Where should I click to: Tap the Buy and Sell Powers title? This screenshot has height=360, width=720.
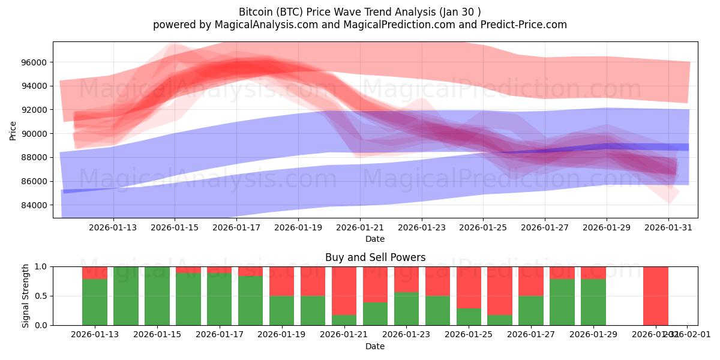click(x=375, y=257)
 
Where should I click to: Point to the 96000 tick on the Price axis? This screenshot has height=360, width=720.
click(x=34, y=62)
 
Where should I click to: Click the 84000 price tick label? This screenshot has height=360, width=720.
click(x=34, y=205)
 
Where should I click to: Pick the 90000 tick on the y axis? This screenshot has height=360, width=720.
click(x=34, y=134)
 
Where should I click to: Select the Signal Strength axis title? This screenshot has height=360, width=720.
click(x=26, y=296)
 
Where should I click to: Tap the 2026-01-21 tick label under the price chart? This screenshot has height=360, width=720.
click(x=360, y=227)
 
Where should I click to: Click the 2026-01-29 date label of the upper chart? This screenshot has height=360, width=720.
click(x=606, y=227)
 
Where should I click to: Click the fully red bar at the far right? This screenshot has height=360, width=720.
click(x=655, y=296)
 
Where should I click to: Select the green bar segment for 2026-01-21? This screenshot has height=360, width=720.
click(x=344, y=320)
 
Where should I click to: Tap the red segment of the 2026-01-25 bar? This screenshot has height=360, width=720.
click(x=469, y=287)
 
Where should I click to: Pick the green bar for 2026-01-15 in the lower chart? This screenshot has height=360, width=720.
click(x=157, y=296)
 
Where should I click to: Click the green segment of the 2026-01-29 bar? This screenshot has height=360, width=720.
click(x=593, y=302)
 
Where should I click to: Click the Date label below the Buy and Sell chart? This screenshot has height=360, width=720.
click(x=375, y=346)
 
